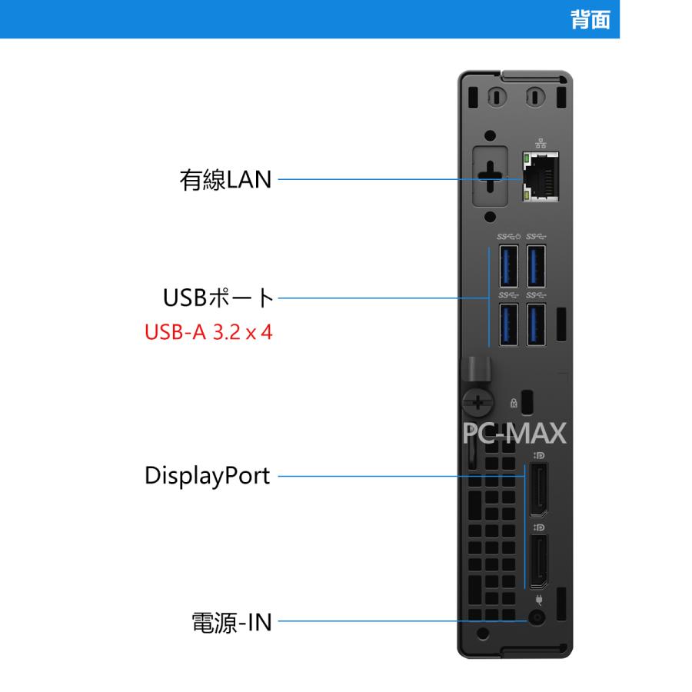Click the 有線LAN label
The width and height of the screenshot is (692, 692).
tap(226, 181)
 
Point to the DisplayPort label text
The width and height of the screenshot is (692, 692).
tap(208, 476)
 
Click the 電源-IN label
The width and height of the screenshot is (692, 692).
tap(231, 620)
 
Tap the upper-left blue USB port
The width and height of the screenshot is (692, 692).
tap(507, 265)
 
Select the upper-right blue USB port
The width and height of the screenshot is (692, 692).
tap(537, 265)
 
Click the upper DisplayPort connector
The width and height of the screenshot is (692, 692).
tap(539, 490)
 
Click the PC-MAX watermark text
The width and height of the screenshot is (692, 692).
tap(514, 434)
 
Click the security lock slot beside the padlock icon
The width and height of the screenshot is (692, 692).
tap(527, 401)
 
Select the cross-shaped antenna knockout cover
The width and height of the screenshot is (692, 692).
tap(490, 178)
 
